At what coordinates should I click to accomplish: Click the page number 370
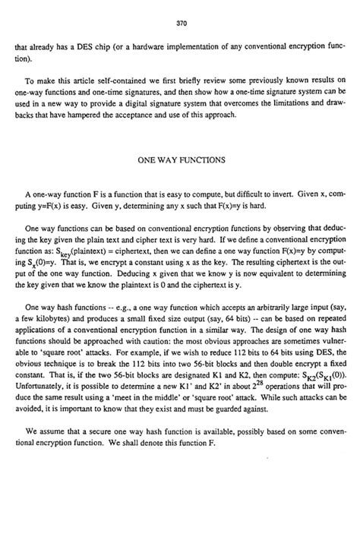point(181,24)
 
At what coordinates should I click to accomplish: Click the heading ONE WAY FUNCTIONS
point(180,162)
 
